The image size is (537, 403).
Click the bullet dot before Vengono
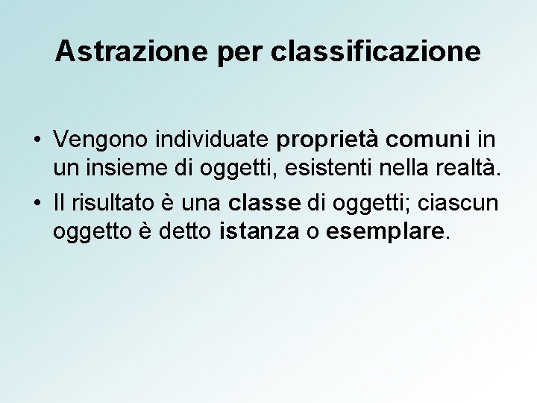pos(36,139)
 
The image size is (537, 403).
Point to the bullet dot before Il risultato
pos(36,203)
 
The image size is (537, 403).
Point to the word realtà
pos(472,170)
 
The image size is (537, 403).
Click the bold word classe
pos(264,203)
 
